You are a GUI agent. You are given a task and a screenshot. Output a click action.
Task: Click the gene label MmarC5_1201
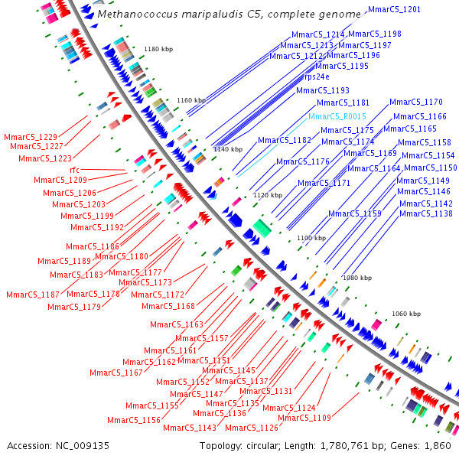tap(394, 10)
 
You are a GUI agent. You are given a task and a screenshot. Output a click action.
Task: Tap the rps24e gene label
tap(317, 76)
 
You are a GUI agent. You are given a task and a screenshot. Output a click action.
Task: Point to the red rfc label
tap(75, 169)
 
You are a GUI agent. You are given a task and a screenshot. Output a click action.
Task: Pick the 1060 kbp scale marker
tap(406, 314)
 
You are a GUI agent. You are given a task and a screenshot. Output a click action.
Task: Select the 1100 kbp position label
tap(311, 239)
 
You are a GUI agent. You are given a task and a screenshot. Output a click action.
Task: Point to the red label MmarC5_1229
tap(30, 136)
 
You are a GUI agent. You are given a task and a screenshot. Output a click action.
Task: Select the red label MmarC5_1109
tap(304, 418)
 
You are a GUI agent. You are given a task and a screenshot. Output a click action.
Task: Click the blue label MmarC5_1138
tap(425, 213)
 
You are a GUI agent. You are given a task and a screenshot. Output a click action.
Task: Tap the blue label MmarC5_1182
tap(285, 141)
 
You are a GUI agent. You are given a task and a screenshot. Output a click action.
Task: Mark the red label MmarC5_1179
tap(74, 307)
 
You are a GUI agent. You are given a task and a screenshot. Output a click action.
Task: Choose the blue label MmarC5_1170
tap(416, 102)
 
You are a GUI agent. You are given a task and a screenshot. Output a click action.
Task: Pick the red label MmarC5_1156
tap(134, 420)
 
